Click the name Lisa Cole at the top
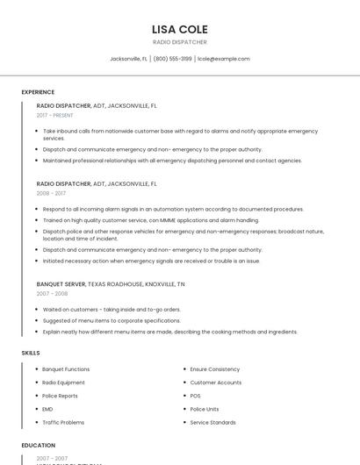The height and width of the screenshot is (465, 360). coord(180,29)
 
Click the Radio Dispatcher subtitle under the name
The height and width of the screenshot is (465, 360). coord(180,42)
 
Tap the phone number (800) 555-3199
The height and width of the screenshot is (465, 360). coord(173,59)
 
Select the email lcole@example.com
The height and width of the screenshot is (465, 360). coord(224,59)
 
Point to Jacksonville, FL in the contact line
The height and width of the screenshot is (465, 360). coord(128,59)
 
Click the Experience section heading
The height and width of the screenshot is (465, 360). coord(38,92)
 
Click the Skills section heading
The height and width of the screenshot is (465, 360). coord(31,353)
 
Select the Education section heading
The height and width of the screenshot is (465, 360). coord(38,445)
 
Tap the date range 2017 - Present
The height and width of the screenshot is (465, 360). coord(55,115)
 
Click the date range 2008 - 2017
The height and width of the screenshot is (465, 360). coord(51,193)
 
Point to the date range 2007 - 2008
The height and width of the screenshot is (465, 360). coord(52,294)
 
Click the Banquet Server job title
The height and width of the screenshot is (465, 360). coord(61,284)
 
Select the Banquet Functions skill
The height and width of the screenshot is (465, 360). coord(66,369)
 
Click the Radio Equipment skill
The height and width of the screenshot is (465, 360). coord(64,383)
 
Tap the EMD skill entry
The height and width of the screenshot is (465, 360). coord(47,409)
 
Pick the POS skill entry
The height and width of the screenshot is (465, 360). coord(196,396)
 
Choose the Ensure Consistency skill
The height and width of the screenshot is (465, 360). coord(215,369)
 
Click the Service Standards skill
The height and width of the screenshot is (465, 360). coord(213,422)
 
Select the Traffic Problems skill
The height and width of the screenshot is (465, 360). coord(63,422)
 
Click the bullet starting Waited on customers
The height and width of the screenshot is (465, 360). coord(112,310)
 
